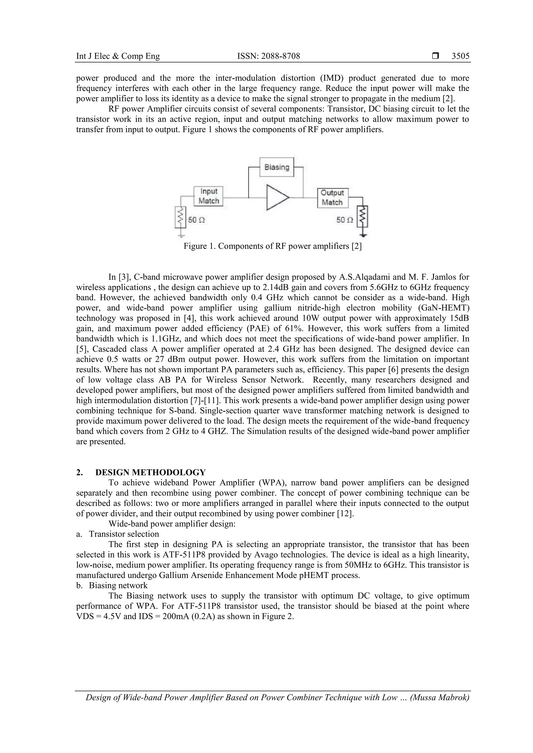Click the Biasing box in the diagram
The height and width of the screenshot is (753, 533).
click(x=276, y=167)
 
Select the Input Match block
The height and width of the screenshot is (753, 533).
click(x=208, y=196)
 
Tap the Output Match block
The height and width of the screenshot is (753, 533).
click(x=332, y=198)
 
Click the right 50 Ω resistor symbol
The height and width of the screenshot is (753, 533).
click(x=363, y=217)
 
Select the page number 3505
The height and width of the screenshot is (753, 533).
click(x=460, y=56)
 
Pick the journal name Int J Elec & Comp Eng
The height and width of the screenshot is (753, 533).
click(x=118, y=56)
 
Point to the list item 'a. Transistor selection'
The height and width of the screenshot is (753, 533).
click(x=118, y=534)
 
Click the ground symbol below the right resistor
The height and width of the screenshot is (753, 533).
click(x=363, y=235)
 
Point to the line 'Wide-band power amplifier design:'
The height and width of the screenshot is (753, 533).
click(x=172, y=524)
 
